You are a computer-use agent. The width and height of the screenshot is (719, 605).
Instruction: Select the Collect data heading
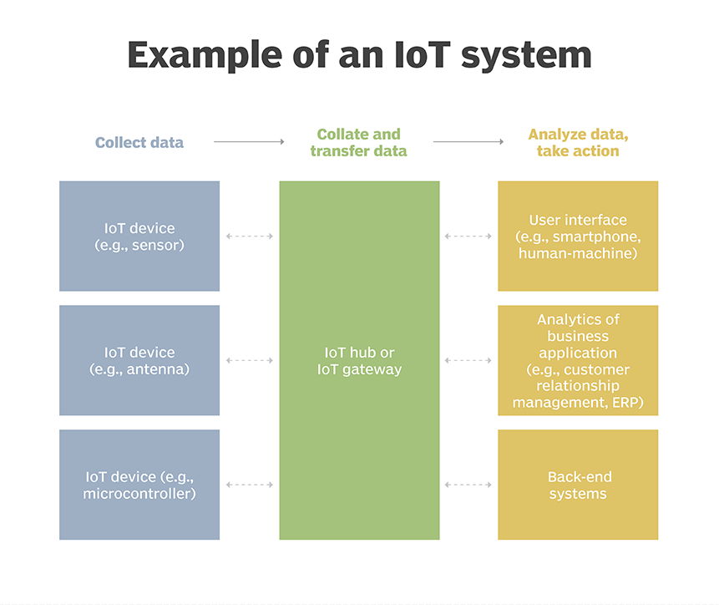click(139, 142)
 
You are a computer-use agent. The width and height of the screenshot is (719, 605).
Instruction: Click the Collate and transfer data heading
click(359, 142)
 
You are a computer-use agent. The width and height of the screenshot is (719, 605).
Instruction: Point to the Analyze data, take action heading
click(578, 142)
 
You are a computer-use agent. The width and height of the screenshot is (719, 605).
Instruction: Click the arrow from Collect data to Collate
click(249, 142)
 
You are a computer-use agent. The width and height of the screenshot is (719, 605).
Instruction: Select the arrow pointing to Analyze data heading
click(468, 142)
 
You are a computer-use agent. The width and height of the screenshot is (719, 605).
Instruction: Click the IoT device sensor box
click(139, 236)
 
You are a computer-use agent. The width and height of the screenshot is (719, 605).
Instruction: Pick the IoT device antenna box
click(139, 360)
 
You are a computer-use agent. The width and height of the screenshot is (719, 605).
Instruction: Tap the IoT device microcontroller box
click(139, 485)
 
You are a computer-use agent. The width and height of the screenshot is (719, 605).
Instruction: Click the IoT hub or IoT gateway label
click(359, 360)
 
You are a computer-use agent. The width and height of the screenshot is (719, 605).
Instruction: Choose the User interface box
click(578, 236)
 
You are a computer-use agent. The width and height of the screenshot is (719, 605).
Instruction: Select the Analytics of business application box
click(578, 360)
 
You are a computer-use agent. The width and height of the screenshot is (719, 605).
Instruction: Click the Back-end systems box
click(578, 485)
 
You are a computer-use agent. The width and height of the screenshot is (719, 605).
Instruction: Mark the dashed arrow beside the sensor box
click(250, 236)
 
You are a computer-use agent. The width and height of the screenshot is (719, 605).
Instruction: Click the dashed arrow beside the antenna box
click(250, 360)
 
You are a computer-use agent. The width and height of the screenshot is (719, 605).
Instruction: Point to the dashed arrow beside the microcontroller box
click(250, 485)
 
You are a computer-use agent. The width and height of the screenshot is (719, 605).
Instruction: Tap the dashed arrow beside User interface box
click(468, 236)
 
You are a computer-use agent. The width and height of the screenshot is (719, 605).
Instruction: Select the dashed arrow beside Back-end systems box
click(468, 485)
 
